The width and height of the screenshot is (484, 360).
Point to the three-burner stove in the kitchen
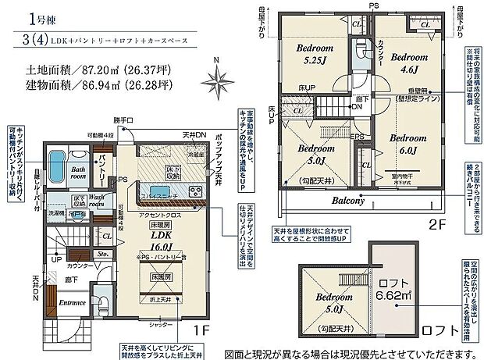(194, 191)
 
